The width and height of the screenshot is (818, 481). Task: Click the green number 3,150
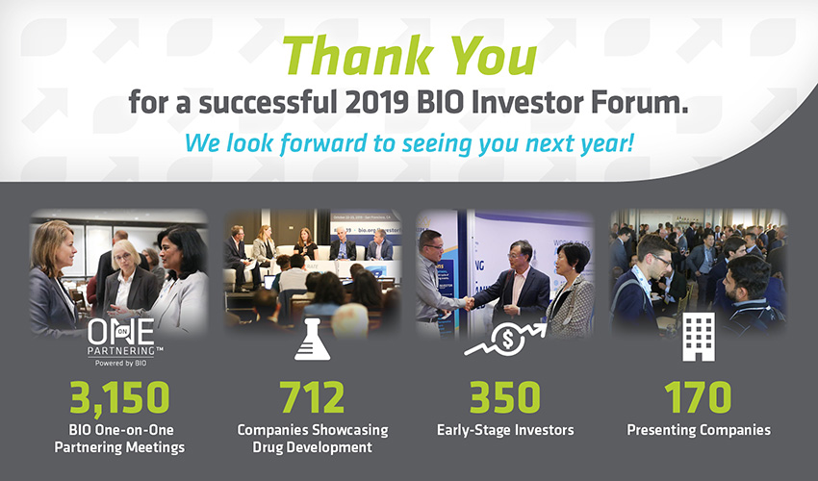pos(120,398)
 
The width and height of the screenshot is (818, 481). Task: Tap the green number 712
pos(312,397)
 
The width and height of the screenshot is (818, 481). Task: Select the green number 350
pos(505,397)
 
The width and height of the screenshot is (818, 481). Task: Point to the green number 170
pos(698,397)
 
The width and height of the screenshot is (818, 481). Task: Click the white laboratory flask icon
pos(312,340)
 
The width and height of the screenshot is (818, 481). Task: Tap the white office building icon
pos(699,337)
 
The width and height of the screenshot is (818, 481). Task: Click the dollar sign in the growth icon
pos(507,340)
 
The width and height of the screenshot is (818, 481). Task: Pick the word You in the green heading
pos(494,55)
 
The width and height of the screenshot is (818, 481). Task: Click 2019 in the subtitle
pos(376,102)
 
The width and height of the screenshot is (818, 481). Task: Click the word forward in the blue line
pos(323,143)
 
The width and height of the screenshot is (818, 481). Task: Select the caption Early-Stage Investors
pos(505,430)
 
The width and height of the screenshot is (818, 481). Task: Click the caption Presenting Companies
pos(699,430)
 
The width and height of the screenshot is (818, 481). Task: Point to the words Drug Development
pos(312,447)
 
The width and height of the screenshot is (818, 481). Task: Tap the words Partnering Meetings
pos(119,447)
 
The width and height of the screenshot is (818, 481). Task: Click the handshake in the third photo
pos(469,303)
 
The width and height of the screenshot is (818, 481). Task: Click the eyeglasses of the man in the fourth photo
pos(661,260)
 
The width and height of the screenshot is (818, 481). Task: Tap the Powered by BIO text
pos(120,363)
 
